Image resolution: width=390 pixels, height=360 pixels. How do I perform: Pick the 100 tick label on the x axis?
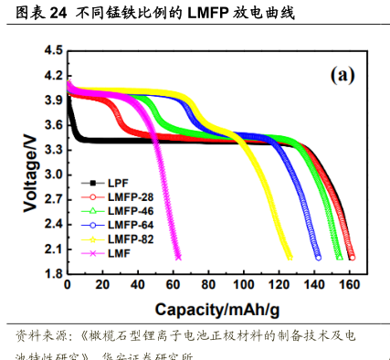click(x=242, y=286)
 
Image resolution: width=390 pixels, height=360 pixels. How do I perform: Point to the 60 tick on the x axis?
click(x=173, y=286)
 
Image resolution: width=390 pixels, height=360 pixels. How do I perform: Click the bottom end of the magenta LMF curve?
click(x=178, y=257)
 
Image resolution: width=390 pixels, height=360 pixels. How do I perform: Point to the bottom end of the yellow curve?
click(x=290, y=257)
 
